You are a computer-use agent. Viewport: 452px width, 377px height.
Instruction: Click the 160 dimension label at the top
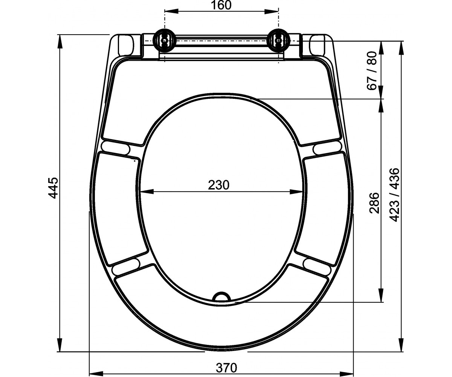point(221,5)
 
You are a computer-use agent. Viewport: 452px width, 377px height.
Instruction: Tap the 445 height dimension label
point(53,188)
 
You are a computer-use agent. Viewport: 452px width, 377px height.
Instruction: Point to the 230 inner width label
point(218,185)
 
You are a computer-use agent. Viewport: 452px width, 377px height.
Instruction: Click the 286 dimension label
point(374,203)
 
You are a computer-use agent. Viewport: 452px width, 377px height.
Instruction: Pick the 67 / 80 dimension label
point(372,71)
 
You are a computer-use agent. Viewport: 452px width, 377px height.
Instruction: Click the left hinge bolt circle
point(164,40)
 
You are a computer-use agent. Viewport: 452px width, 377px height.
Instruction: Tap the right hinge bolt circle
point(279,40)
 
